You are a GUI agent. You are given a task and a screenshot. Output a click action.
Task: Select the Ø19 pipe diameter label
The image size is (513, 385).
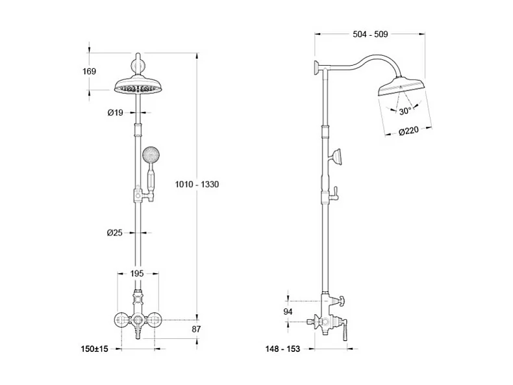[115, 113]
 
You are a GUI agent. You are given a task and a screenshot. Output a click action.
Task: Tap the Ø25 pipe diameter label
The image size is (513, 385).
[115, 232]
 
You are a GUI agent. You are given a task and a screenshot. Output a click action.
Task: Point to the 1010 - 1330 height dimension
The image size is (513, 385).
[197, 185]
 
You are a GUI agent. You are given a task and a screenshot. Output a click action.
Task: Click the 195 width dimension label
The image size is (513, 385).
[137, 274]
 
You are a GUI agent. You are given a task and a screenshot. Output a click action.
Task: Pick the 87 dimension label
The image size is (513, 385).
[197, 330]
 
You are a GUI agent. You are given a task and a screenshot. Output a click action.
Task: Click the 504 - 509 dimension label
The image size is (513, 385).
[371, 35]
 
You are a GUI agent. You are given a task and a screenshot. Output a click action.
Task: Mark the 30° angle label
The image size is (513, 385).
[405, 111]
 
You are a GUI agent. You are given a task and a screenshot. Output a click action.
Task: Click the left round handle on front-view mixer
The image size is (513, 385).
[120, 319]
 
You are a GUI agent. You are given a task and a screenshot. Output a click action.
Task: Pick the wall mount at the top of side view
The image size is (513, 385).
[315, 67]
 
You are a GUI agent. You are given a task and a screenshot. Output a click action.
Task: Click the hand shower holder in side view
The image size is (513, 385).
[337, 157]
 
